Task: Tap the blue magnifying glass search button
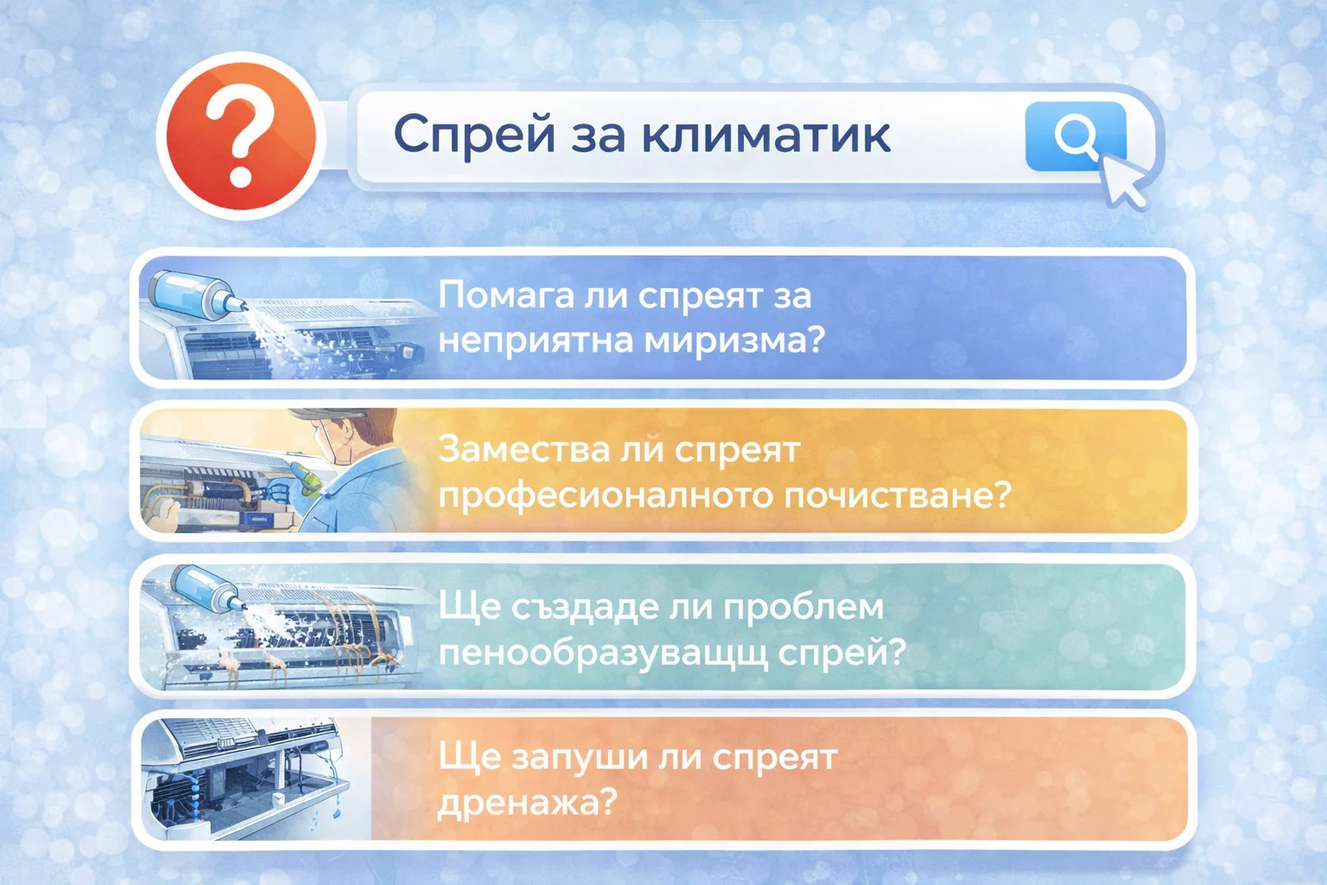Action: (x=1075, y=136)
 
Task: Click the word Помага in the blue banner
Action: (x=505, y=296)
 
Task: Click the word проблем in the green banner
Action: (x=803, y=606)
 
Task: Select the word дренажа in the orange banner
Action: (x=527, y=802)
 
